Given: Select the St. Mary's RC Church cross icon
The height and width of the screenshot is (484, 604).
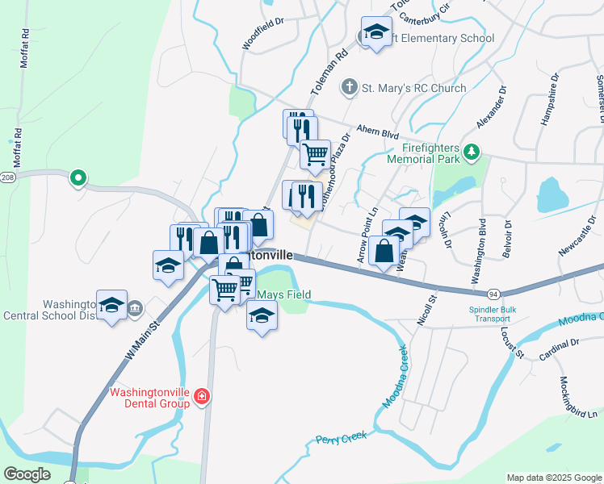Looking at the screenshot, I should (349, 86).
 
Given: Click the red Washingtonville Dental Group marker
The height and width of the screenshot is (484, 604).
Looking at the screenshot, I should (201, 397).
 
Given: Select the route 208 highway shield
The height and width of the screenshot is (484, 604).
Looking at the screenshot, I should (6, 177).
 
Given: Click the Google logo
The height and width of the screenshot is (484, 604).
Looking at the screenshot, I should (27, 474).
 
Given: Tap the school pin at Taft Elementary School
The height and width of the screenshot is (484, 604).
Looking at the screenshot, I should (374, 32).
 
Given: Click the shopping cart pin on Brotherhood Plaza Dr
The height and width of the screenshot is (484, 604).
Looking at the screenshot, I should (315, 154).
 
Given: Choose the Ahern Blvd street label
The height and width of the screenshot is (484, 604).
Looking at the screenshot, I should (379, 131).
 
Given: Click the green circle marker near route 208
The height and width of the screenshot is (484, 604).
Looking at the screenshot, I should (78, 177).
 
